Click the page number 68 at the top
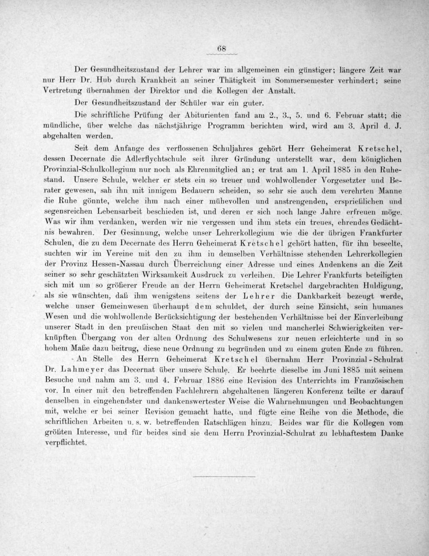pyautogui.click(x=221, y=49)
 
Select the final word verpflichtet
pyautogui.click(x=66, y=443)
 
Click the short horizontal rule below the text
pyautogui.click(x=224, y=476)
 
